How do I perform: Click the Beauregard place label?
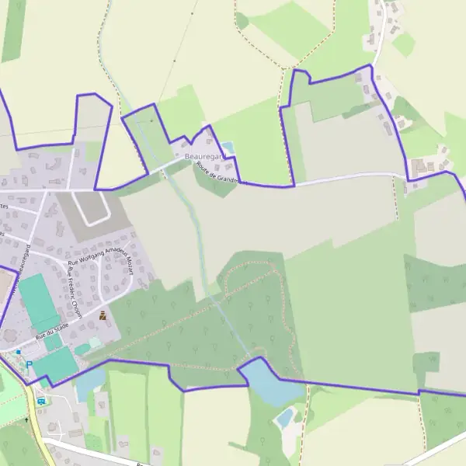point(203,157)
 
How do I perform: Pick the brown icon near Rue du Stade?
point(103,315)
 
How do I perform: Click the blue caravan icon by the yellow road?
point(41,401)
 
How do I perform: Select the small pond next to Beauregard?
point(228,147)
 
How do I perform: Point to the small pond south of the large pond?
point(285,418)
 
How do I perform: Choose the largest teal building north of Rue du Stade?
point(37,301)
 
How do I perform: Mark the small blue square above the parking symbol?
point(19,352)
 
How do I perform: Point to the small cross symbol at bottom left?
point(26,420)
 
